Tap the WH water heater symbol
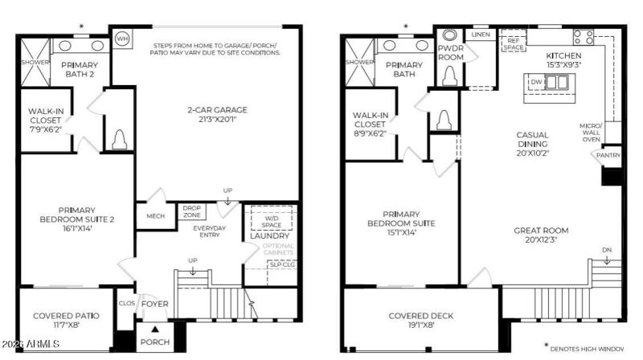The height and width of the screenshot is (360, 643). pos(122,38)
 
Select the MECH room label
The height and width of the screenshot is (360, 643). pos(155,215)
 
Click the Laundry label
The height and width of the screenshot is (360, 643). pos(268,236)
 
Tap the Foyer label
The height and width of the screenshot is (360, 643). pos(154,305)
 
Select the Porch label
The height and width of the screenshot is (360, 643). pos(154,342)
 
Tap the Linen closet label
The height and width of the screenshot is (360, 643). pos(481,35)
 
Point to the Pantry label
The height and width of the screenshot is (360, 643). pos(608,155)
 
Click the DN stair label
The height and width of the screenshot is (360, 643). pos(607,250)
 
